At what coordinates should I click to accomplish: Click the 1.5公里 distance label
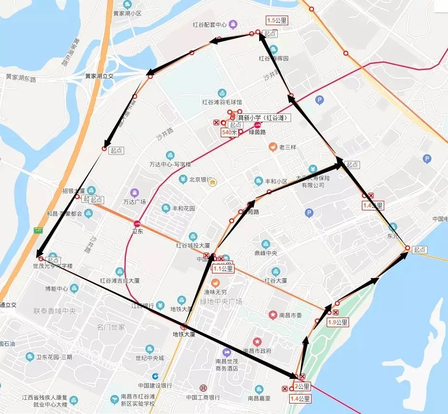[x=277, y=20]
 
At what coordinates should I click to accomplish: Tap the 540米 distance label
[x=229, y=133]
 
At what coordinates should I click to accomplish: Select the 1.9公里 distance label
[x=338, y=322]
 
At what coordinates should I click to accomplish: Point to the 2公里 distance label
[x=302, y=386]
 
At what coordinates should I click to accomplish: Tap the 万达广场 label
[x=134, y=201]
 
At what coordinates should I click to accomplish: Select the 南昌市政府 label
[x=257, y=351]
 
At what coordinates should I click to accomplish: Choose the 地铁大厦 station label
[x=184, y=334]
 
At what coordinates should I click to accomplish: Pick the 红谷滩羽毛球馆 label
[x=222, y=102]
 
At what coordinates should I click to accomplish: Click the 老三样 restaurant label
[x=287, y=147]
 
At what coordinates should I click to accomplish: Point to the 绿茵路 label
[x=257, y=132]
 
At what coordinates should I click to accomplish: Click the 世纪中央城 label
[x=149, y=358]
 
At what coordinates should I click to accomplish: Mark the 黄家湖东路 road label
[x=21, y=78]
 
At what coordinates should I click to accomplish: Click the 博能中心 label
[x=57, y=289]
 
